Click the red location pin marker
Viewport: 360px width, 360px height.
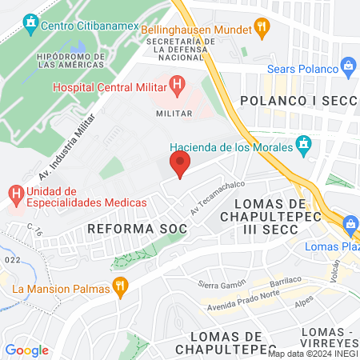180,165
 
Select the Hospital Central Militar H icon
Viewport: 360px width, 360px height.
178,82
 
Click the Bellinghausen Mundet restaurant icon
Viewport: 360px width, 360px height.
261,26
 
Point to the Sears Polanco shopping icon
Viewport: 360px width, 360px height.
348,65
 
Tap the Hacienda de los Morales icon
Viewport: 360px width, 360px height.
303,144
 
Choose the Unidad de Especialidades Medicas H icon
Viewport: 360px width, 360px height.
15,193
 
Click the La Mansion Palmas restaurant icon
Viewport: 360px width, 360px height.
120,286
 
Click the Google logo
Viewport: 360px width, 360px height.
26,350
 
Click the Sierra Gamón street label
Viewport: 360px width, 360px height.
220,286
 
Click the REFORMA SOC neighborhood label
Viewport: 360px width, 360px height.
137,229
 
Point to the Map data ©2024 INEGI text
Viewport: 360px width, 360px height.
312,353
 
